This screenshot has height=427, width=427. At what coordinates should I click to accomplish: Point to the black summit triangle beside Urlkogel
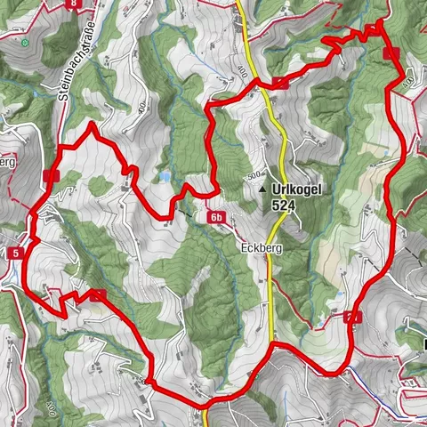tap(263, 189)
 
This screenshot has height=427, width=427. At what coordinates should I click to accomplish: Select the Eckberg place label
tap(260, 248)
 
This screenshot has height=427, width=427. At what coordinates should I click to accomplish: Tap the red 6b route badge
tap(218, 217)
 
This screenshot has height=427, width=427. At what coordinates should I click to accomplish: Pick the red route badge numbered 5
tap(16, 254)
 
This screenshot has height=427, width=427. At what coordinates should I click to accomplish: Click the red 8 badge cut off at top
tap(71, 4)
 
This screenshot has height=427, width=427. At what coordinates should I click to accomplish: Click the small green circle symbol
tap(26, 42)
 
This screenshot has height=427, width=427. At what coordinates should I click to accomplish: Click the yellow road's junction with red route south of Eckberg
tap(271, 342)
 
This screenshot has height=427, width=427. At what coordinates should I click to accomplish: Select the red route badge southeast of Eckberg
tap(351, 318)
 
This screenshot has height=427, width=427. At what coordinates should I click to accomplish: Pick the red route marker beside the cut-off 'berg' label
tap(50, 176)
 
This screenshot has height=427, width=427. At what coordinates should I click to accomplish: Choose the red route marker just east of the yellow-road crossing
tap(280, 84)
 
